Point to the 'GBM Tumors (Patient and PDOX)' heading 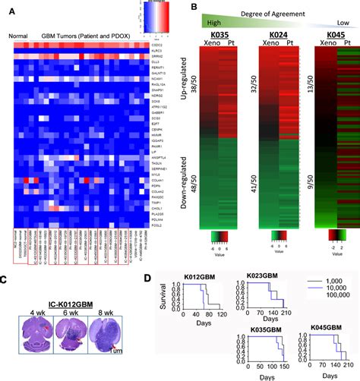click(82, 36)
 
